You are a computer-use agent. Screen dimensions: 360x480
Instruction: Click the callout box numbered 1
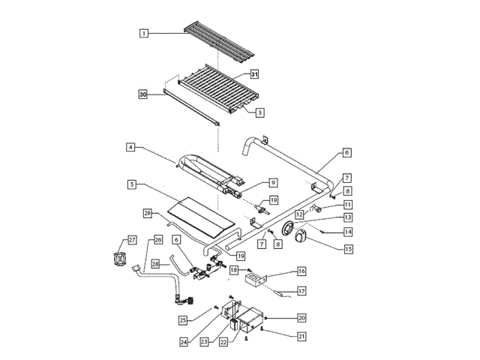(x=143, y=33)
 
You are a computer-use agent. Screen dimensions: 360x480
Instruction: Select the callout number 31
(x=254, y=74)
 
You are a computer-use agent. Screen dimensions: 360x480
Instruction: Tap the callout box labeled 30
(x=143, y=94)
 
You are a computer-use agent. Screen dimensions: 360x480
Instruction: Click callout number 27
(x=132, y=240)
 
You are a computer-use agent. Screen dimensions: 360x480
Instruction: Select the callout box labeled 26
(x=157, y=240)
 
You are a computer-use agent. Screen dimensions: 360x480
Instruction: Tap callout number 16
(x=301, y=271)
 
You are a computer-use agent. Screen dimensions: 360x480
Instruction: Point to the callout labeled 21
(x=301, y=336)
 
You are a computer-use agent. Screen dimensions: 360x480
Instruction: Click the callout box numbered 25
(x=182, y=320)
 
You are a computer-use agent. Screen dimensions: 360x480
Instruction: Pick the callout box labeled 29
(x=148, y=214)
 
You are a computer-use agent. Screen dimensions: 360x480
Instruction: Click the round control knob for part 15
(x=301, y=238)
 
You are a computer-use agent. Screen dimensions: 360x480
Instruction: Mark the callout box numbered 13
(x=347, y=217)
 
